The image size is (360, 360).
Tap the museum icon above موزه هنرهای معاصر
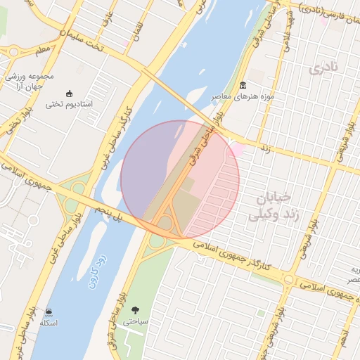click(243, 84)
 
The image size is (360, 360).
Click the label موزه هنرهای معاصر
click(243, 96)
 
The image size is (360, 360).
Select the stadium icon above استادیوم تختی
click(69, 94)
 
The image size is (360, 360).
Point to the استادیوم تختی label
click(69, 104)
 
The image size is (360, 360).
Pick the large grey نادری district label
click(324, 68)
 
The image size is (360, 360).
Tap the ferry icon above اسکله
click(49, 311)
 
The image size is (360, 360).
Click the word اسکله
click(49, 322)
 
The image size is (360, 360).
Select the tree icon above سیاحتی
click(135, 310)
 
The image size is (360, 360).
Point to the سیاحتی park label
click(135, 321)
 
